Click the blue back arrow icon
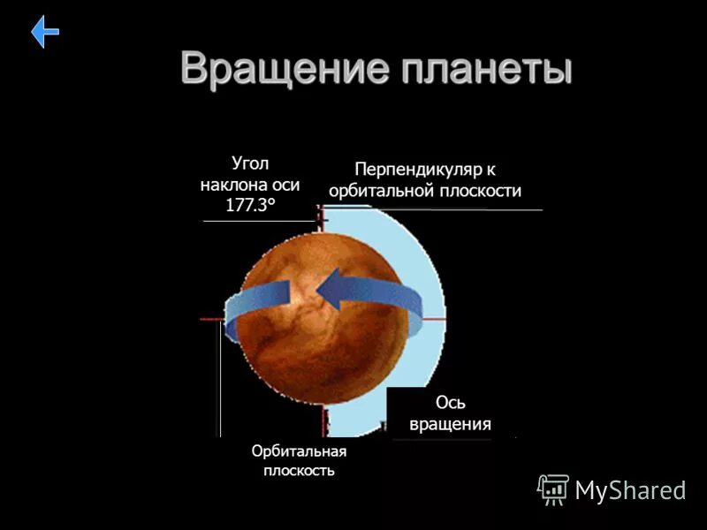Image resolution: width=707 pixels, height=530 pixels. [x=45, y=33]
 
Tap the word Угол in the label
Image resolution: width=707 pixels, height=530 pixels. [x=249, y=163]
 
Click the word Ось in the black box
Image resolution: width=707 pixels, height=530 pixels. [x=451, y=403]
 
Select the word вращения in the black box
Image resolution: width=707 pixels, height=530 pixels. [x=450, y=424]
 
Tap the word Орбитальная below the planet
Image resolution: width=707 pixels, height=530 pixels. [x=299, y=451]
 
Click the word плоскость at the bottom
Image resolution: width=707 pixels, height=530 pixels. [x=299, y=471]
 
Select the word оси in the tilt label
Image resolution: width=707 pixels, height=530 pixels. [x=283, y=185]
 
